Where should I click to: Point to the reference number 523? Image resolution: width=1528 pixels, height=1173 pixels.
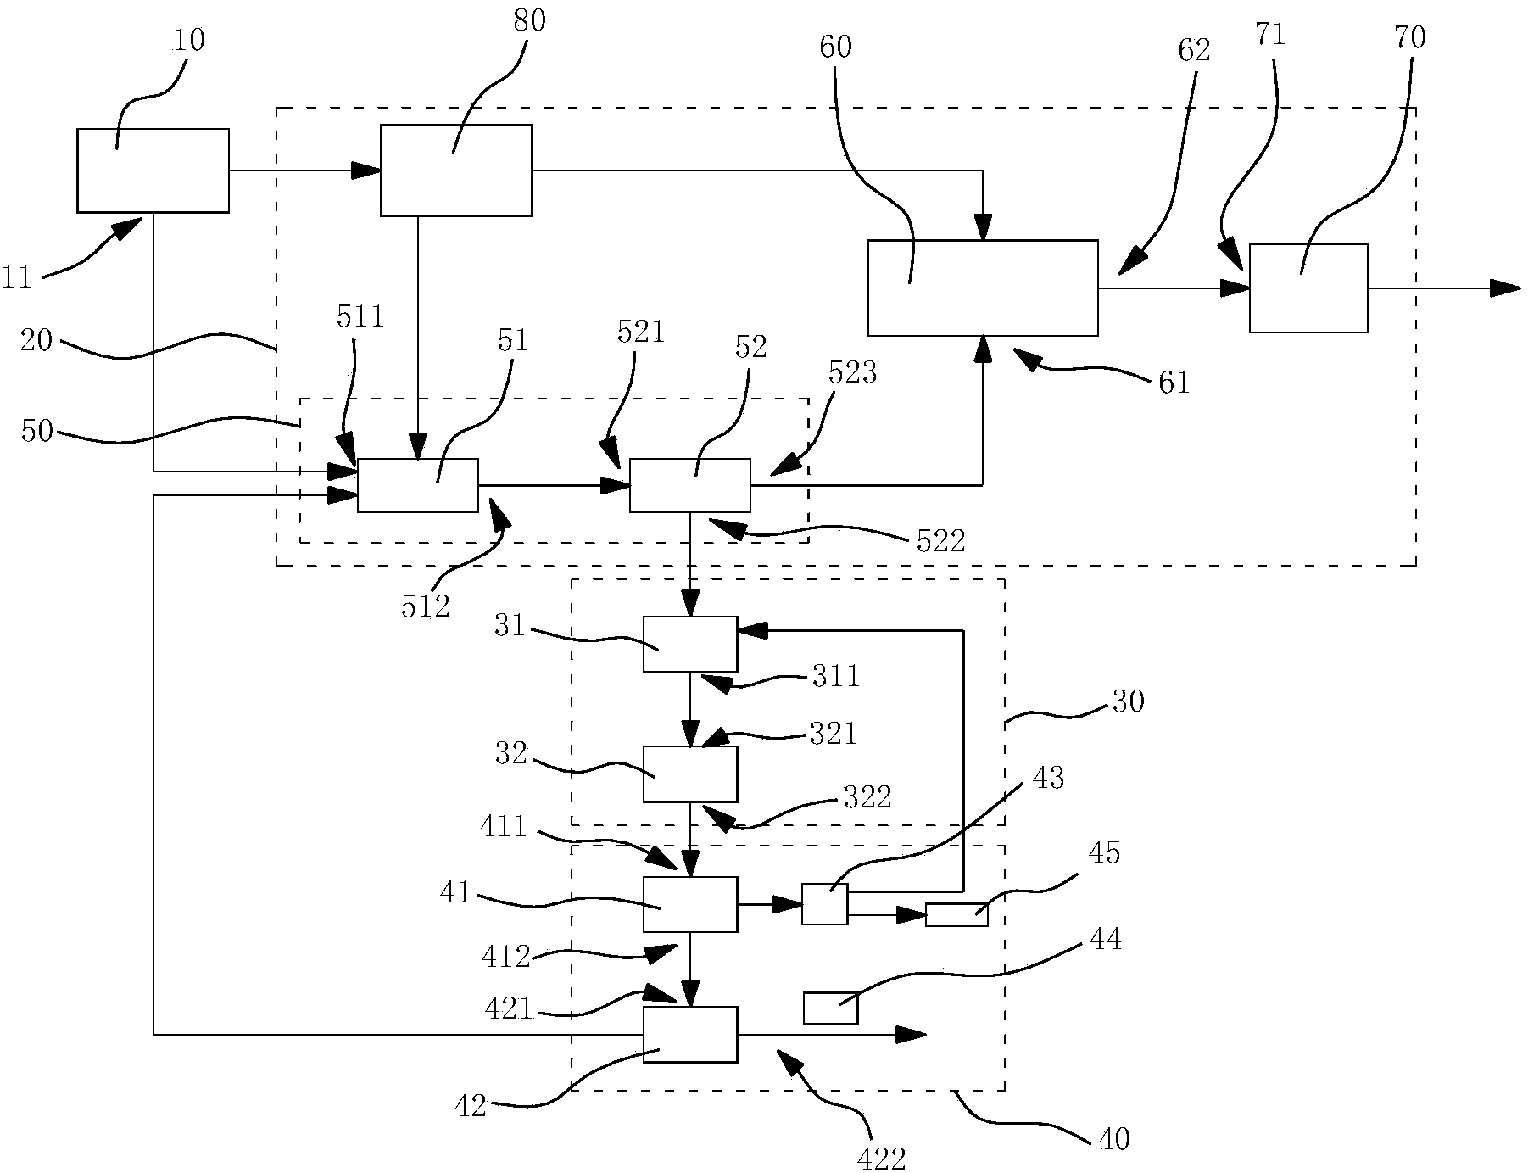(851, 372)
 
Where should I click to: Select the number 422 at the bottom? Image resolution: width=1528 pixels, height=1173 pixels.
(880, 1158)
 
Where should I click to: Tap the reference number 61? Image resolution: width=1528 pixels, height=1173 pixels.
(1174, 383)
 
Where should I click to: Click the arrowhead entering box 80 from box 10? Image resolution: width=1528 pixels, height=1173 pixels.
(366, 170)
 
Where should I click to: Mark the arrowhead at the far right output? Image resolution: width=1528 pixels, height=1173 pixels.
(1506, 288)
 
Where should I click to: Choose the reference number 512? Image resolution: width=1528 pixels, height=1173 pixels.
(425, 607)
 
